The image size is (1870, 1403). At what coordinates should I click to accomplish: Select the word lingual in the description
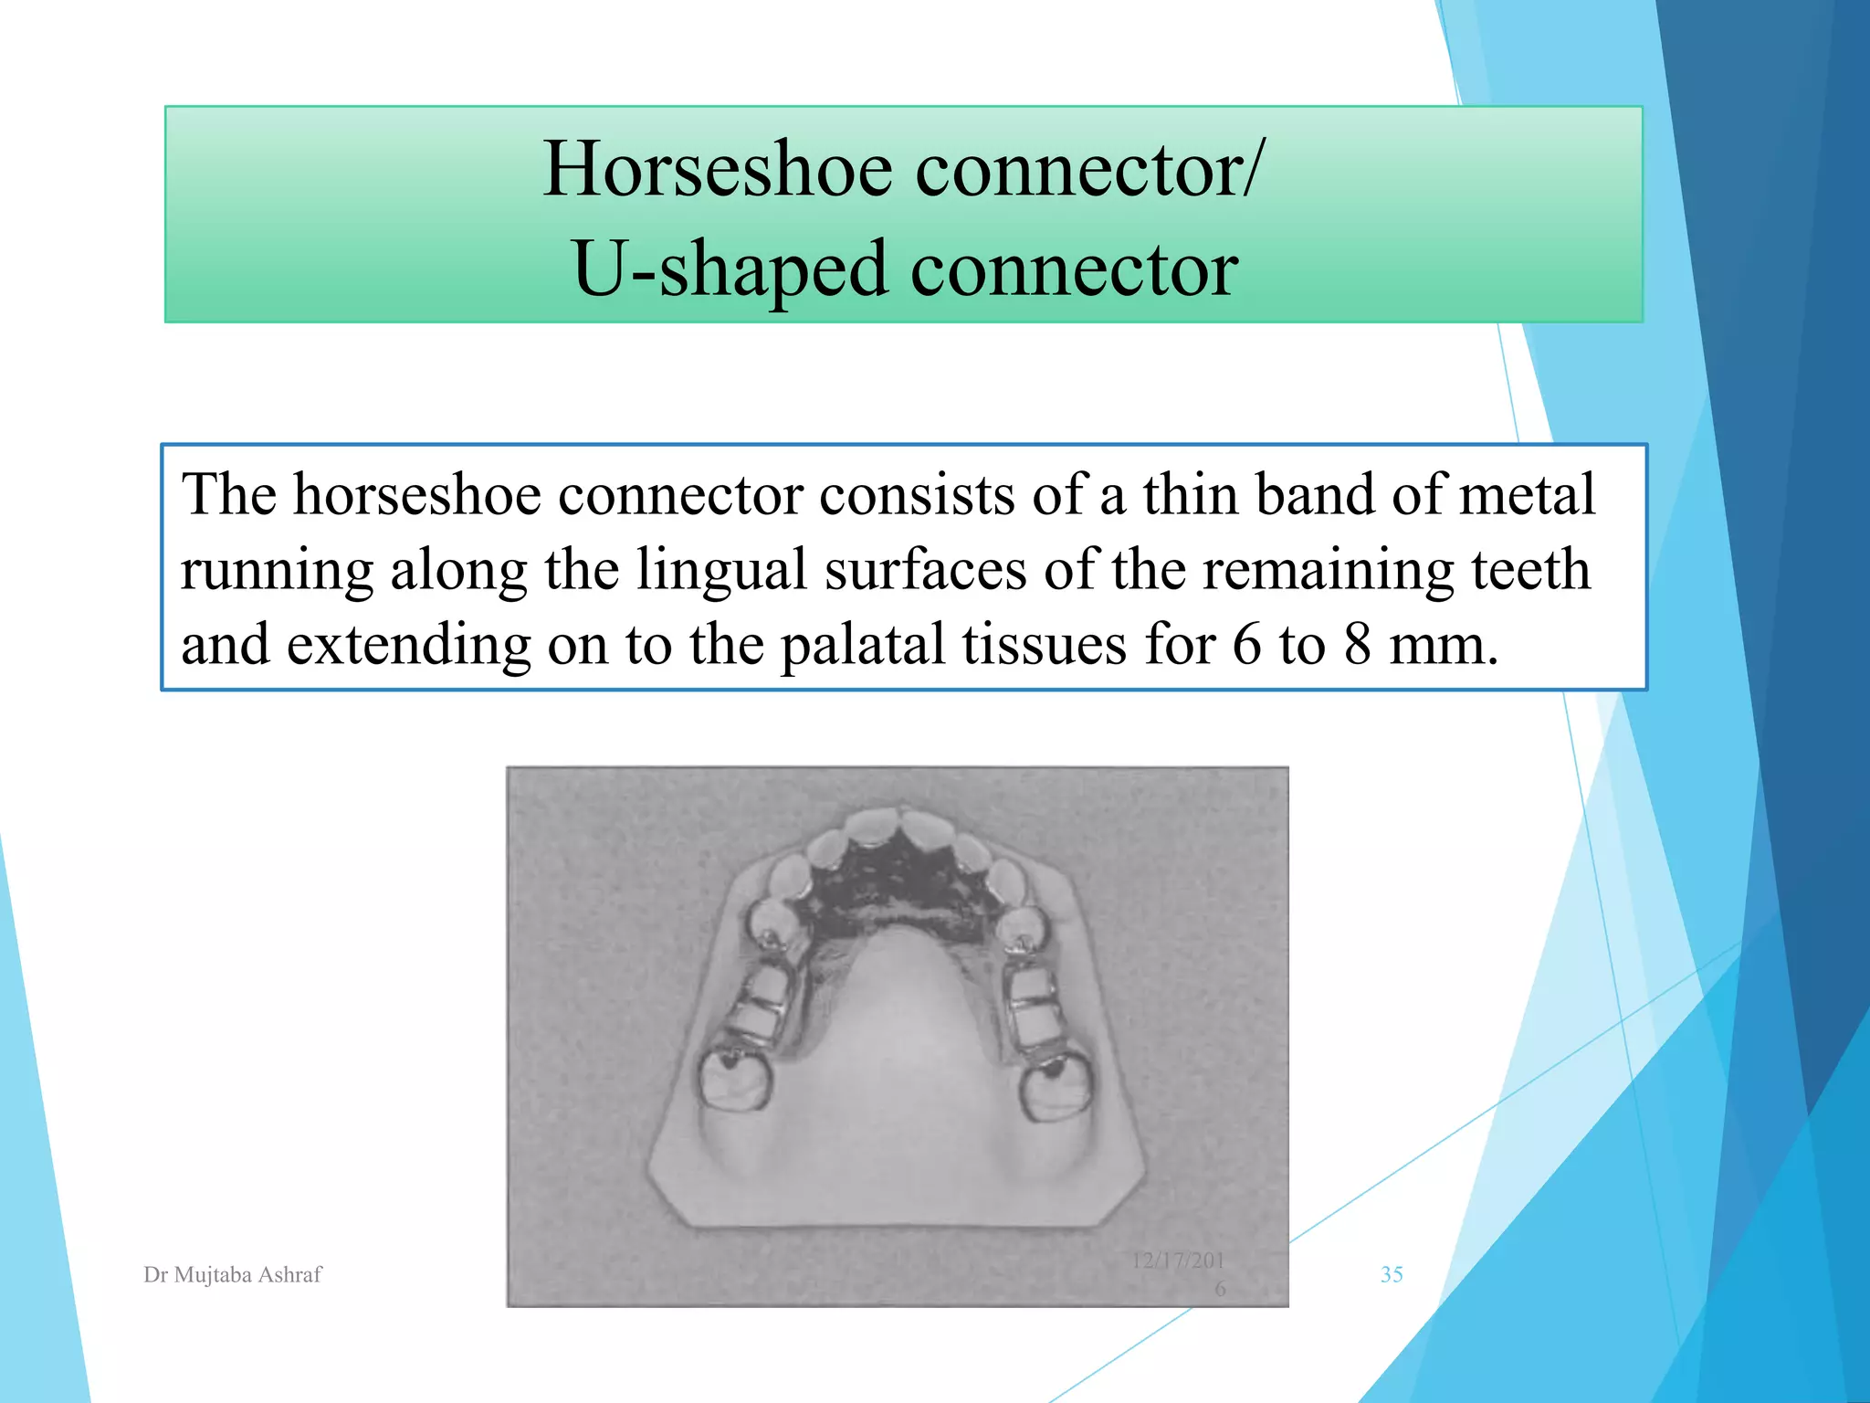click(720, 570)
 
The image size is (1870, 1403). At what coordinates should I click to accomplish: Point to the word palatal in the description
click(862, 645)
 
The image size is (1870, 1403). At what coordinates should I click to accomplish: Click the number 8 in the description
click(1357, 645)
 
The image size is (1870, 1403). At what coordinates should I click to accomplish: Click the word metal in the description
click(1526, 495)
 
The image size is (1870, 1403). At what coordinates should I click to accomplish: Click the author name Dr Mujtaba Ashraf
click(233, 1274)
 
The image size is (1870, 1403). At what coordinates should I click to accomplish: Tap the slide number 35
click(1392, 1274)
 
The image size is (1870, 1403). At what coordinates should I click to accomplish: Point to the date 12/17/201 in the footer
click(1177, 1261)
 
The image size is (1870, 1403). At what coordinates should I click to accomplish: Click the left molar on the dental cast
click(735, 1078)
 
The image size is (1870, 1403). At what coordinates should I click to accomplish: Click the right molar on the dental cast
click(1056, 1087)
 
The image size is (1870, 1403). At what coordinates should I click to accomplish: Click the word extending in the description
click(408, 645)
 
